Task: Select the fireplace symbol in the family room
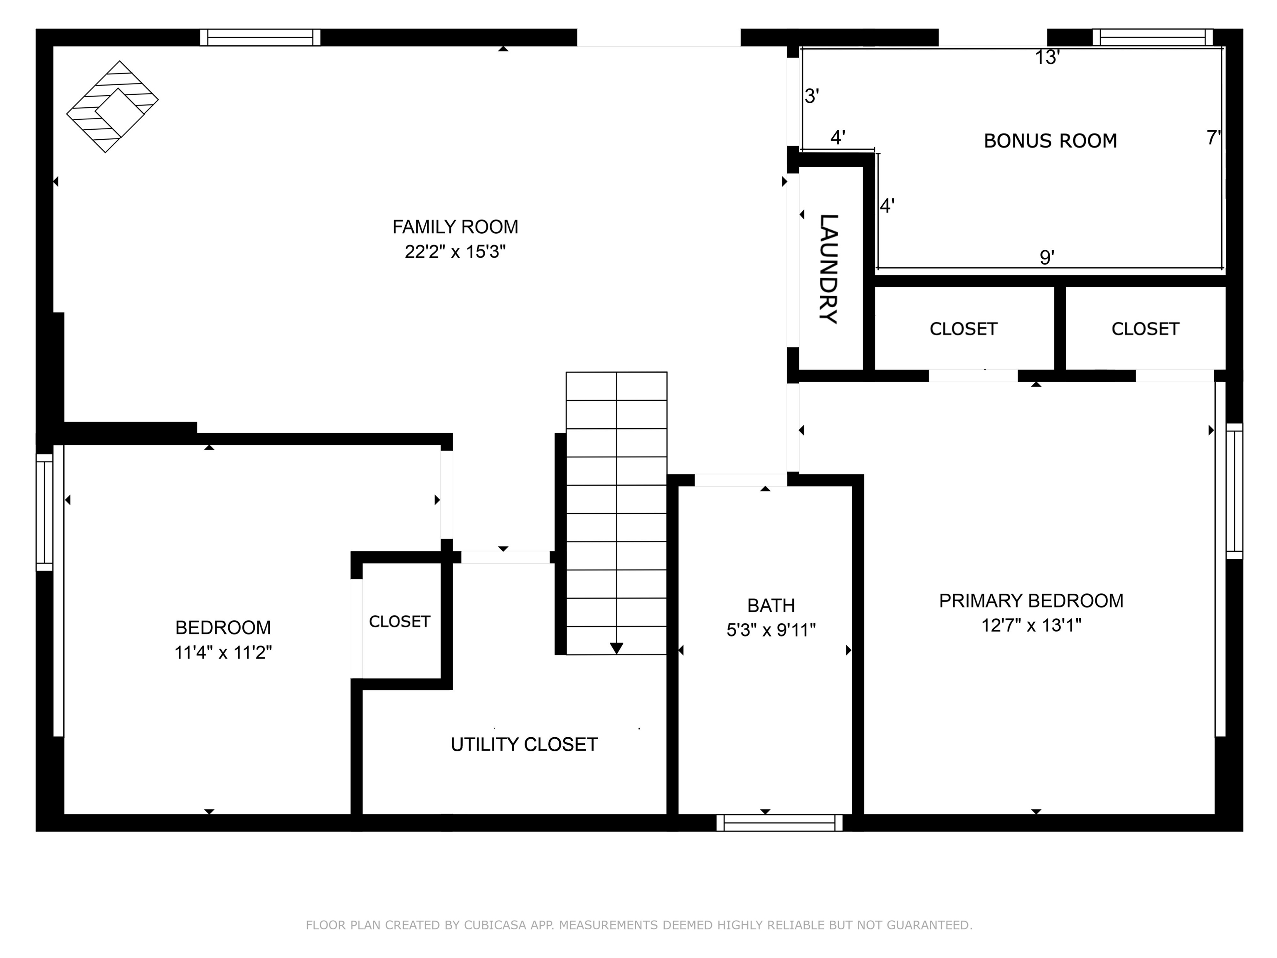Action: [113, 107]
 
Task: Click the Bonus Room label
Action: [1050, 141]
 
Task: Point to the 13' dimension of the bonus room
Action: [1047, 58]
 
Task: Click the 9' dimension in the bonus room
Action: [1047, 257]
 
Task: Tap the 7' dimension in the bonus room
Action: [1213, 138]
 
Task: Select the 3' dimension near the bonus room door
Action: [812, 96]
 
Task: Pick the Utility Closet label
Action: [524, 745]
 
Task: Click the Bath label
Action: [771, 606]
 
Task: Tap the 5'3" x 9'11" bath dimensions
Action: [771, 630]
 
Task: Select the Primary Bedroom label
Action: [1031, 601]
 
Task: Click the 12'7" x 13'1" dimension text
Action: [1031, 625]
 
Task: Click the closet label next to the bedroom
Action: [399, 622]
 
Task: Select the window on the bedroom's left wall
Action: [44, 512]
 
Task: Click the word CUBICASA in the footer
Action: [495, 925]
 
